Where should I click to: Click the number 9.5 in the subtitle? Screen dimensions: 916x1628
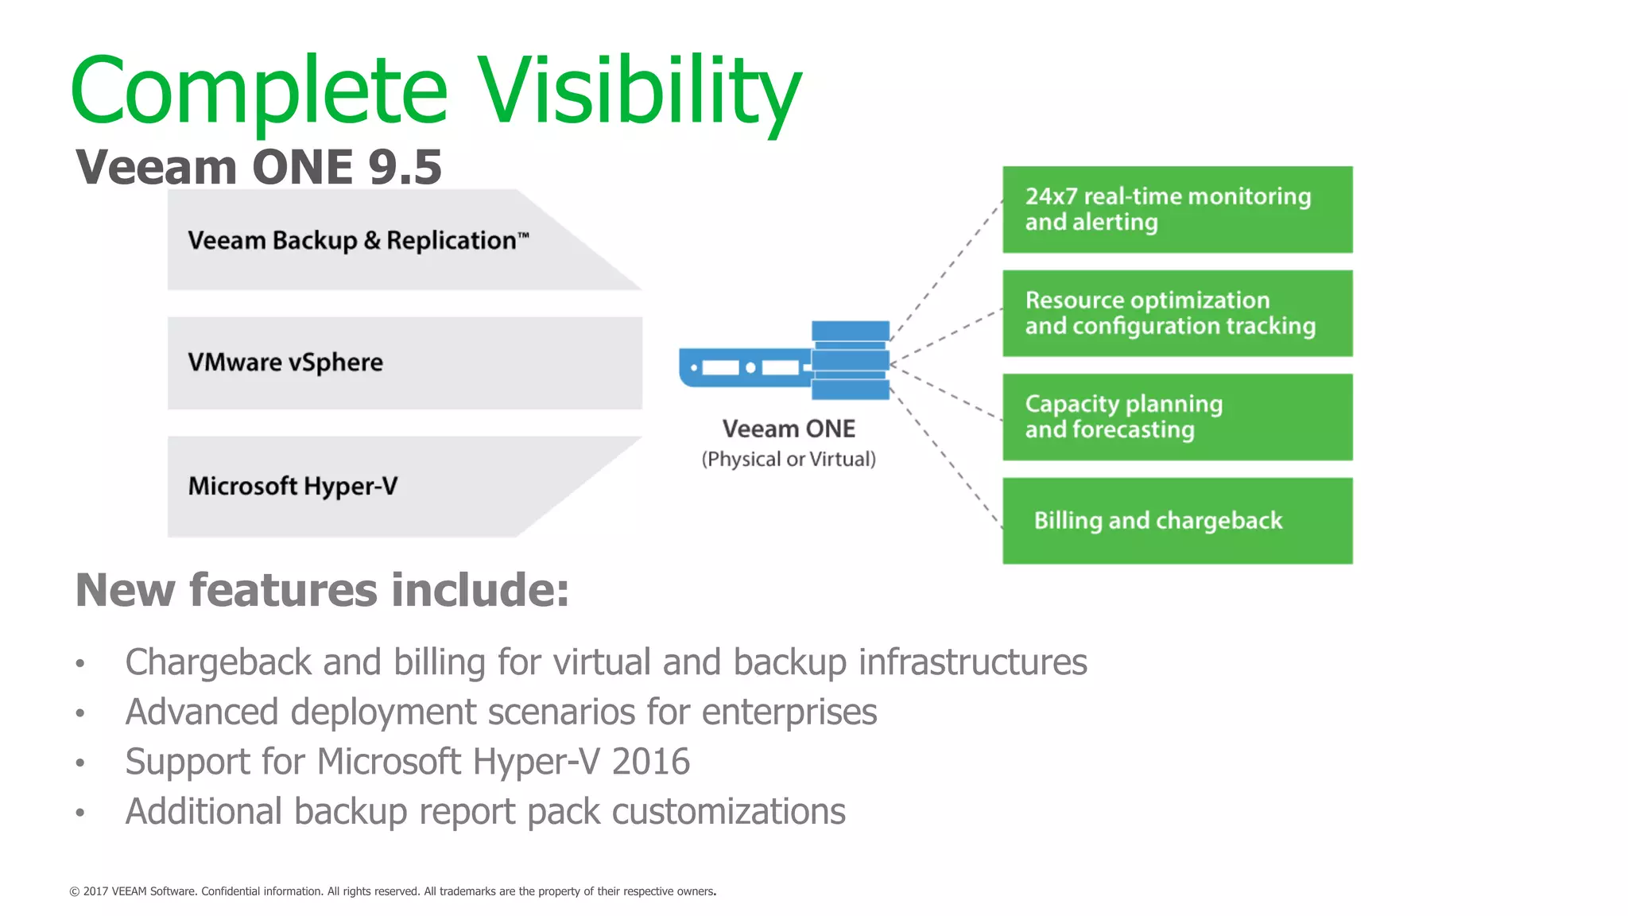[x=405, y=167]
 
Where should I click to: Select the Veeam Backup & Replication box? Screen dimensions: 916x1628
[x=358, y=240]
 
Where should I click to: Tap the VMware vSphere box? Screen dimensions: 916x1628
[x=404, y=363]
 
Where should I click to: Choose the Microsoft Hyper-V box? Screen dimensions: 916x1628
[x=358, y=486]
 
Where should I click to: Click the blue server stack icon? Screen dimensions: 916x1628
[x=850, y=360]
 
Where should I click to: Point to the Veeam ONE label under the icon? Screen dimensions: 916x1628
[x=789, y=429]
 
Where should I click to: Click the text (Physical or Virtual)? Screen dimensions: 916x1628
[x=789, y=460]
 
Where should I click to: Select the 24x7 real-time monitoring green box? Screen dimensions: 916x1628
[x=1176, y=209]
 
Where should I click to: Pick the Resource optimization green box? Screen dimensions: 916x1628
[x=1176, y=313]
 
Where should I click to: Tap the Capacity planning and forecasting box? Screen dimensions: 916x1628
[x=1176, y=417]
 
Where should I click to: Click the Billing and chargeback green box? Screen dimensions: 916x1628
[x=1176, y=521]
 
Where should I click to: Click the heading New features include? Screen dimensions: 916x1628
[x=322, y=590]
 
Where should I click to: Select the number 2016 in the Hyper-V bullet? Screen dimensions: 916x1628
[x=650, y=762]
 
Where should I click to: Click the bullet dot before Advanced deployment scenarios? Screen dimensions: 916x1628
[x=79, y=713]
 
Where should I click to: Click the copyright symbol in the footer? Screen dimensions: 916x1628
[x=75, y=892]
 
